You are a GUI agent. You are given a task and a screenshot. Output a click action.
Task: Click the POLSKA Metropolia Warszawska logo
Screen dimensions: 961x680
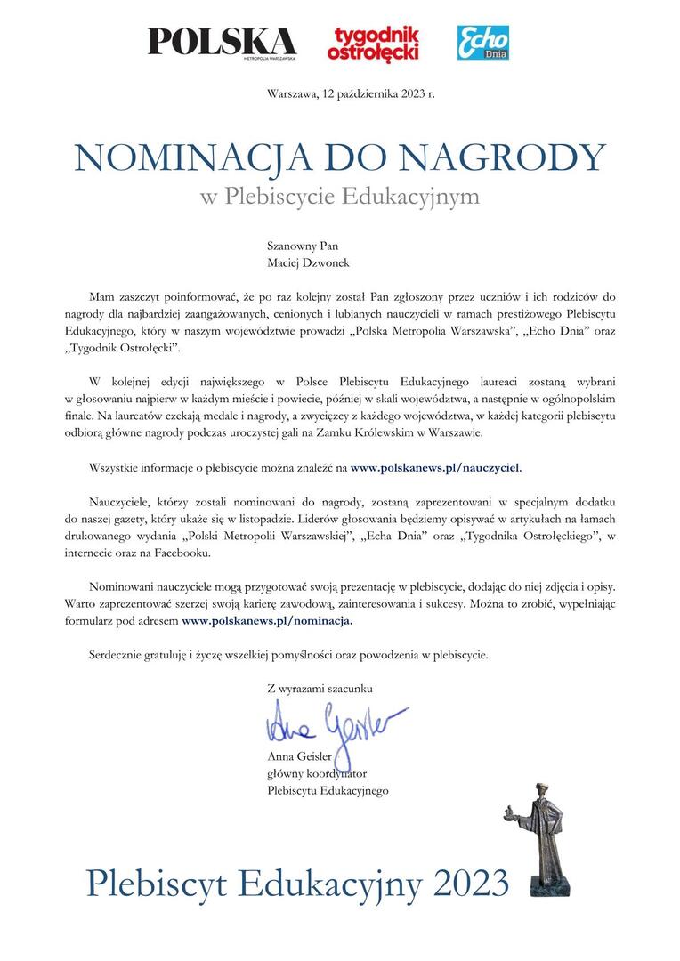[222, 42]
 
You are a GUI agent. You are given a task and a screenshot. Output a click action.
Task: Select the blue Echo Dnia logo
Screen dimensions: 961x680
[483, 42]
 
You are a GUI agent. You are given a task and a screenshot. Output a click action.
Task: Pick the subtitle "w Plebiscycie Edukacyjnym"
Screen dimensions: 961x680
[340, 196]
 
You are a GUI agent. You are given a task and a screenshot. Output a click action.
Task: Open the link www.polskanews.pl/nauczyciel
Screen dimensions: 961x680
[436, 466]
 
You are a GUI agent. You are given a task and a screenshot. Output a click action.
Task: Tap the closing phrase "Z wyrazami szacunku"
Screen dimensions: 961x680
[320, 688]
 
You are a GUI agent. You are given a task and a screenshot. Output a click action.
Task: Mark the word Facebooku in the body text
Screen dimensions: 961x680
[184, 553]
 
